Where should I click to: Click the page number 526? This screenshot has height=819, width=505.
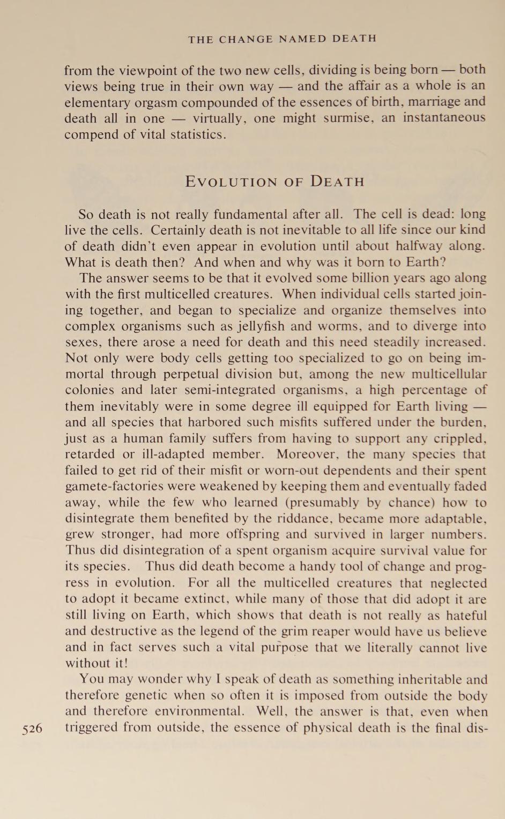32,729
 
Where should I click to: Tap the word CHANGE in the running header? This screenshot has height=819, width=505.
247,39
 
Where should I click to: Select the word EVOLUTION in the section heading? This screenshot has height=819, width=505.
232,182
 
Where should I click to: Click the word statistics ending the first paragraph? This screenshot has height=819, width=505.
198,134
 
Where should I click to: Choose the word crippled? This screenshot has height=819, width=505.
459,438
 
